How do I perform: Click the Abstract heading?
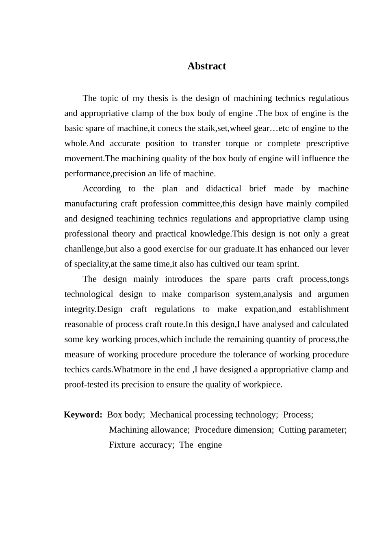pos(206,66)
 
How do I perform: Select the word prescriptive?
pos(324,143)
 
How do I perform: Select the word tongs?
pos(339,279)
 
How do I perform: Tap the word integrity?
pos(80,309)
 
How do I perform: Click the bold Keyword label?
pos(83,415)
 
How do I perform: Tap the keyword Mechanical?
pos(171,415)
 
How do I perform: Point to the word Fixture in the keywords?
pos(122,445)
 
